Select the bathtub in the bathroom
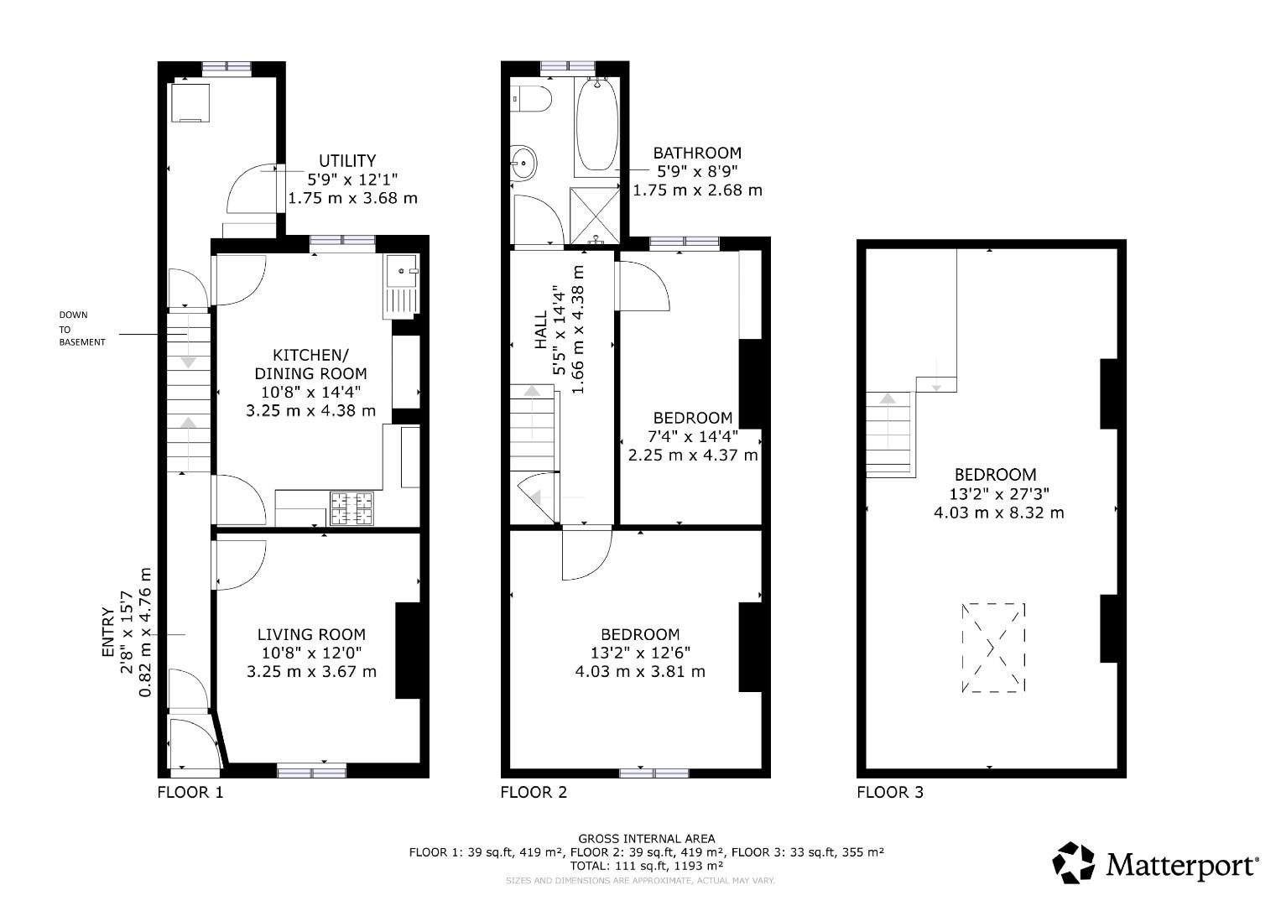coord(596,126)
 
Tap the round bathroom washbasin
coord(524,161)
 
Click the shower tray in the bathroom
coord(593,216)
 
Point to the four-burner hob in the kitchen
coord(351,508)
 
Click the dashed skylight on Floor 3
coord(993,647)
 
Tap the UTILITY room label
coord(347,160)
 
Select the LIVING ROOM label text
coord(311,635)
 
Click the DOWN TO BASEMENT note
coord(81,329)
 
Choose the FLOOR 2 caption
coord(534,792)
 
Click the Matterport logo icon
coord(1074,863)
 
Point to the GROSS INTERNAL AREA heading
coord(646,838)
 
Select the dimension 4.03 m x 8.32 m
coord(998,513)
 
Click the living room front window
coord(311,769)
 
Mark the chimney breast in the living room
coord(407,650)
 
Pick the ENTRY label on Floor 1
coord(107,632)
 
